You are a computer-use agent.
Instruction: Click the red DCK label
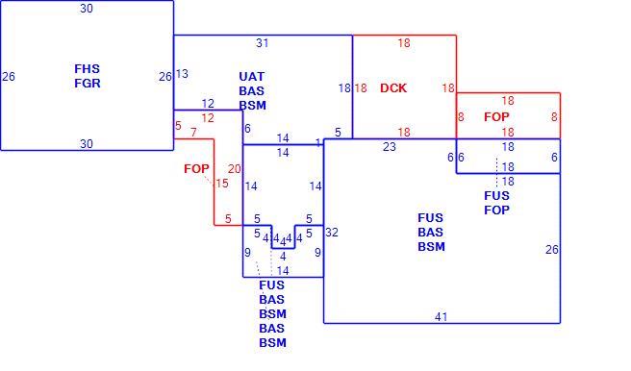click(393, 88)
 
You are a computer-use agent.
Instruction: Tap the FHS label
click(87, 69)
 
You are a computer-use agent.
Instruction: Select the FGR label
click(88, 84)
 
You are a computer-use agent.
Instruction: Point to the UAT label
click(251, 76)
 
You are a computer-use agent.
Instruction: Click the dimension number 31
click(262, 43)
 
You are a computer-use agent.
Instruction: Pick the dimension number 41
click(442, 317)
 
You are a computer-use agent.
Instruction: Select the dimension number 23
click(390, 147)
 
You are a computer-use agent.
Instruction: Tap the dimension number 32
click(332, 233)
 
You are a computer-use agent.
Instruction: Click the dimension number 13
click(182, 74)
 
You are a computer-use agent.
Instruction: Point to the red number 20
click(234, 169)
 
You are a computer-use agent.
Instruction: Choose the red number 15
click(222, 184)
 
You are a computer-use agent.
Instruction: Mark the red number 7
click(193, 132)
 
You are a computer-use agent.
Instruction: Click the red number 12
click(208, 118)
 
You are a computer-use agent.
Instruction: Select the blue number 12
click(208, 104)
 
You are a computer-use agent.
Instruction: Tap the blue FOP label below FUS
click(496, 210)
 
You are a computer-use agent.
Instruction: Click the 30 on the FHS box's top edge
click(87, 9)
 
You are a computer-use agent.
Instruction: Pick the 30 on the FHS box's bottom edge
click(87, 144)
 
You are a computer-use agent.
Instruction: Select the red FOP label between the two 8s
click(496, 117)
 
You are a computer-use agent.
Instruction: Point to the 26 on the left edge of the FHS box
click(9, 76)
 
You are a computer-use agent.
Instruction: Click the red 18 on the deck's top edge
click(404, 43)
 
